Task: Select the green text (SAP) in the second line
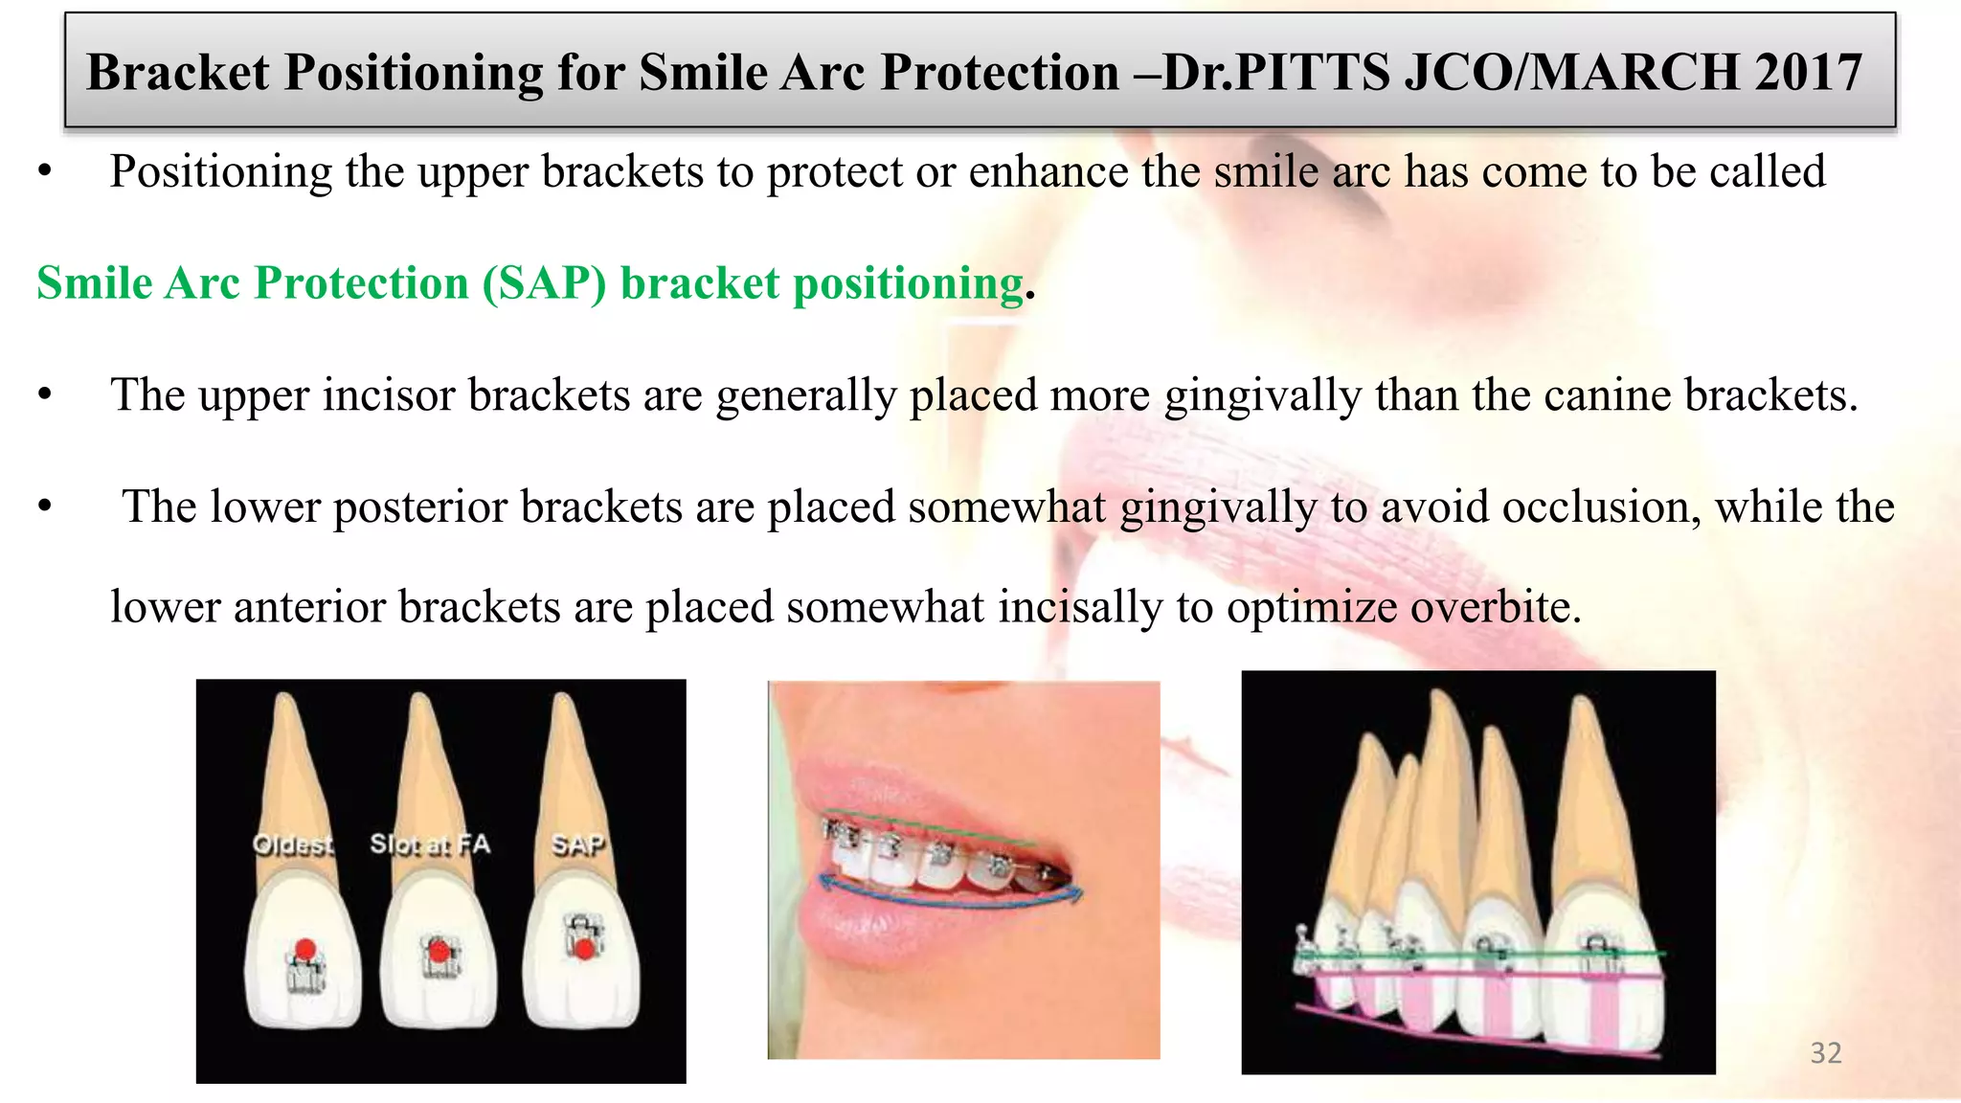pyautogui.click(x=544, y=283)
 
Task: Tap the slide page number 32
pyautogui.click(x=1825, y=1052)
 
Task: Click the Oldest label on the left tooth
pyautogui.click(x=293, y=844)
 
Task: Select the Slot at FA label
pyautogui.click(x=429, y=844)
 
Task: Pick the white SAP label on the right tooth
pyautogui.click(x=577, y=844)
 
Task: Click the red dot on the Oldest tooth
pyautogui.click(x=304, y=950)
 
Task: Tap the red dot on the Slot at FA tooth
pyautogui.click(x=439, y=952)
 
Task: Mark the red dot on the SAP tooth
pyautogui.click(x=582, y=950)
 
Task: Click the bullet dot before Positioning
pyautogui.click(x=44, y=173)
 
